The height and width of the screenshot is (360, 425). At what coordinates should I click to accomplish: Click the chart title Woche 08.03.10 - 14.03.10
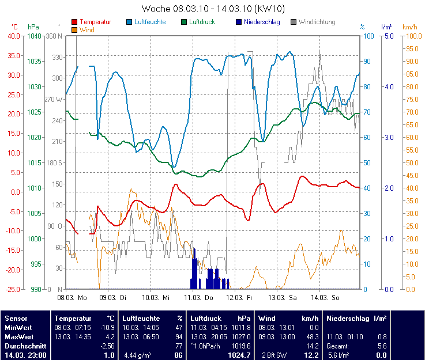(x=213, y=9)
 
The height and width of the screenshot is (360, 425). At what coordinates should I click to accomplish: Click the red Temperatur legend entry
(x=95, y=22)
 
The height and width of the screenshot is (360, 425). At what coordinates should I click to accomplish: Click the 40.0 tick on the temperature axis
(x=13, y=36)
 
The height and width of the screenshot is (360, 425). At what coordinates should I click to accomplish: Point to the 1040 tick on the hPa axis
(x=35, y=36)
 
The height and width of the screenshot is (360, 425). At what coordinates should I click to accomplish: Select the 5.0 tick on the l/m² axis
(x=389, y=36)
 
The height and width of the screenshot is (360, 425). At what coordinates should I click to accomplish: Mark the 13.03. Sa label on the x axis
(x=283, y=298)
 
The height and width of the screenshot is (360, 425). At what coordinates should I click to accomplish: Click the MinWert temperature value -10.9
(x=108, y=327)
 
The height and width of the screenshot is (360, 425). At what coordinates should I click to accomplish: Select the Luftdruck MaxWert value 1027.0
(x=245, y=336)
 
